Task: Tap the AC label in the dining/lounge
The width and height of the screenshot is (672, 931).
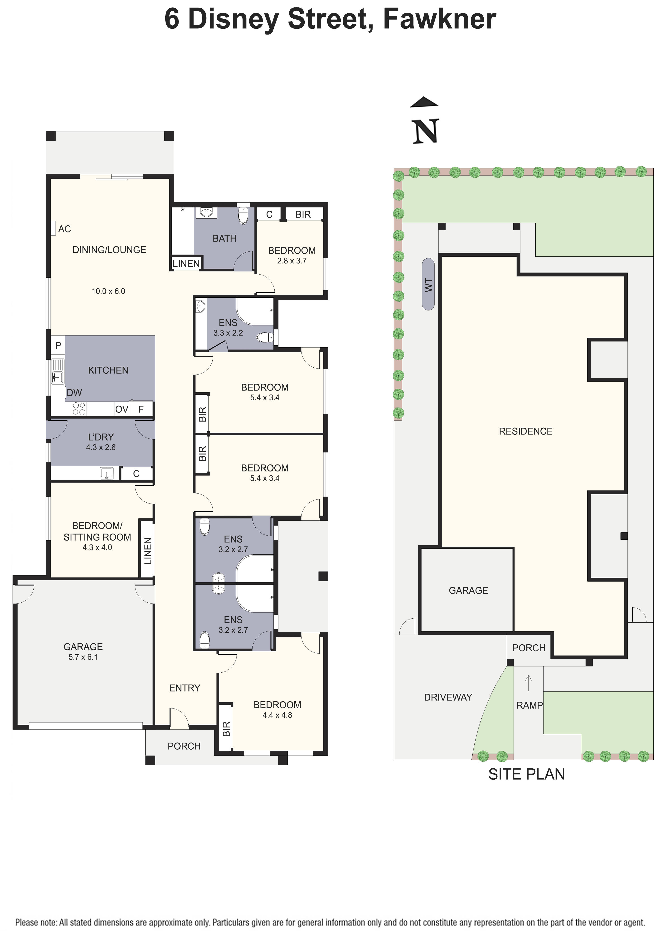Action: pos(64,229)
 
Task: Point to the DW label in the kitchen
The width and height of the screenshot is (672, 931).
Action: pos(74,392)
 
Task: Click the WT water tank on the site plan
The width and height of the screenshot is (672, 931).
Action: pos(428,284)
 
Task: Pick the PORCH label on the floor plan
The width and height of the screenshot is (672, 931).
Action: pos(184,746)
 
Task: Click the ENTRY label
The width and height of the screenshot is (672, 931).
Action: pos(185,688)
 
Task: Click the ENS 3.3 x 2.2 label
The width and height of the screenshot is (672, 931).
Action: pos(228,328)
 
